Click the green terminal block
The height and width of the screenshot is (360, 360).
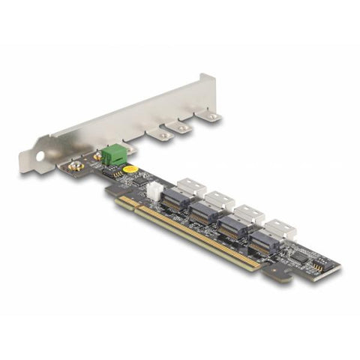114,154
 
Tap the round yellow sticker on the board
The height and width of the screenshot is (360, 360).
130,169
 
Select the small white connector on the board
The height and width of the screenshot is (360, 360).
153,190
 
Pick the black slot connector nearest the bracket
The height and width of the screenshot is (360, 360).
175,199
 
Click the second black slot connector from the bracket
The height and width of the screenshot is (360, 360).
204,213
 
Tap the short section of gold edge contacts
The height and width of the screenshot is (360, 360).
127,201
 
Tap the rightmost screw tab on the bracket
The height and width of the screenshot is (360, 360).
212,117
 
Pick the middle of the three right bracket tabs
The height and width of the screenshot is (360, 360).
181,128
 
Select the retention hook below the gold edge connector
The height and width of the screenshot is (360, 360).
280,275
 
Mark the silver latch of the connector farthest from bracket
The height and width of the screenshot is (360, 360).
279,227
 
